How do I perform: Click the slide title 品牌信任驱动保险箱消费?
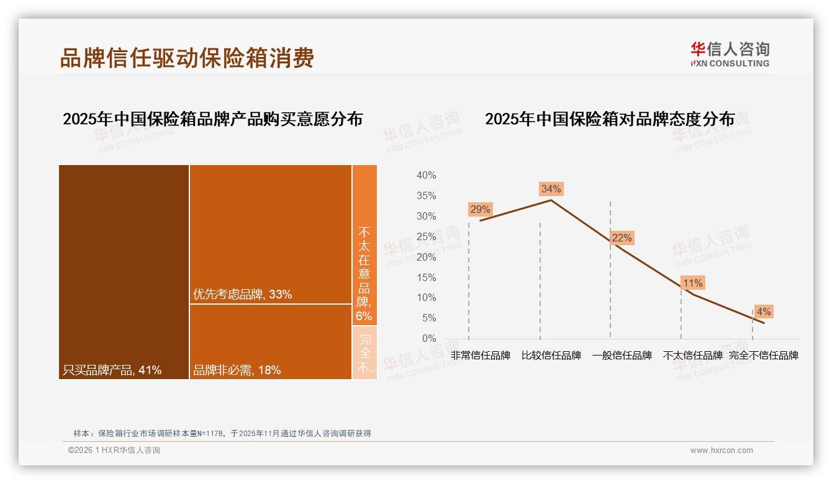(187, 58)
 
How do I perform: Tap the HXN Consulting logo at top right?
(730, 55)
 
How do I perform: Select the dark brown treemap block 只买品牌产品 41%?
(124, 271)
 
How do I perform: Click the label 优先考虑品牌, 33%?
(242, 294)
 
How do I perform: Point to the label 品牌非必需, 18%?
(237, 370)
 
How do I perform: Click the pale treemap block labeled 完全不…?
(364, 353)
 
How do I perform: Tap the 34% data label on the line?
(551, 189)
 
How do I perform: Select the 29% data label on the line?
(480, 209)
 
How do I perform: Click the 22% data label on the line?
(622, 238)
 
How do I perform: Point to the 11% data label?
(692, 283)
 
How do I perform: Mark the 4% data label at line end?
(763, 311)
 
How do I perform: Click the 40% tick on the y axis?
(426, 176)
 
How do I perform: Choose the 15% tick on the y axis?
(426, 277)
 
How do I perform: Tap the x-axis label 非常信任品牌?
(480, 356)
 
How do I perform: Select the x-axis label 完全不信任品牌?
(763, 356)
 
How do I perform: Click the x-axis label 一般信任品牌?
(622, 356)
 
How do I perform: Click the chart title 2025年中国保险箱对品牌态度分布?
(609, 119)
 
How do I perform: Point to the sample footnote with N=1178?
(222, 433)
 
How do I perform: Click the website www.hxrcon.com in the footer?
(721, 450)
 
